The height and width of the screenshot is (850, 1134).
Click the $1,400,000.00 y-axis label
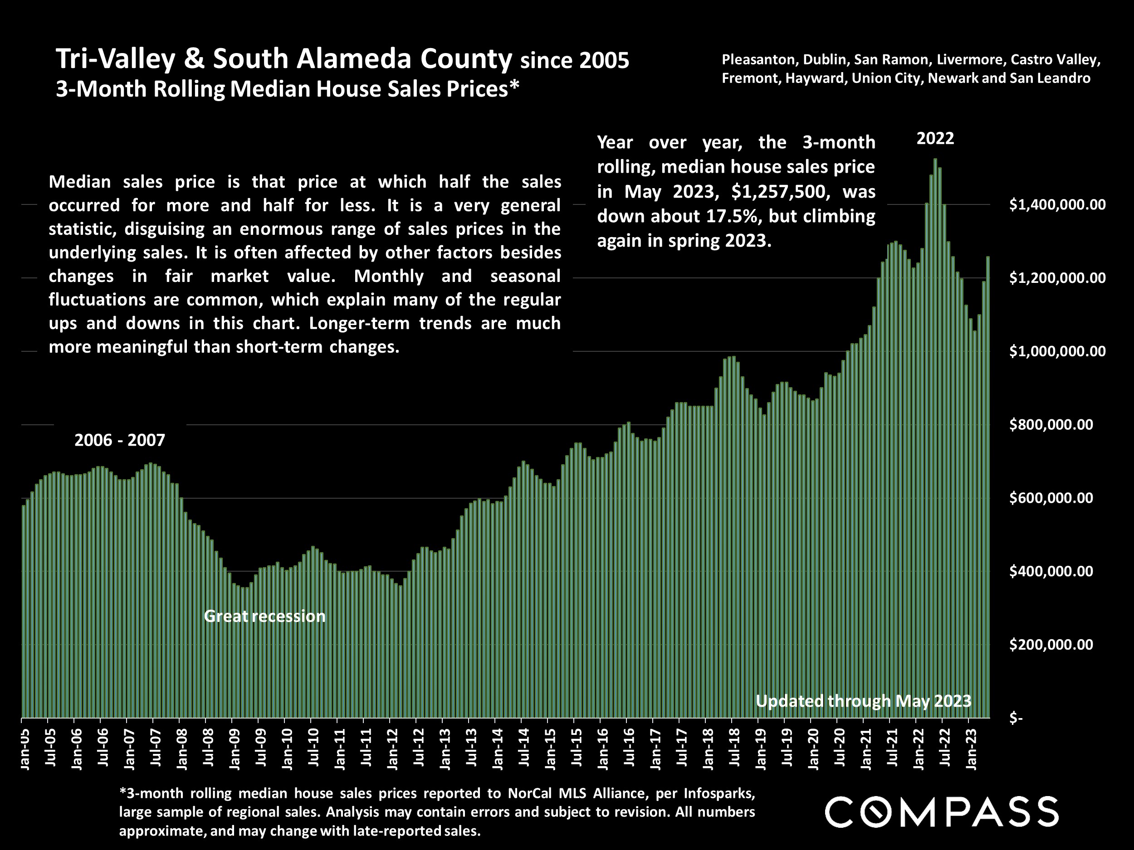coord(1057,205)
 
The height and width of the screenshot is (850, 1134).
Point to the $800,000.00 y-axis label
coord(1051,425)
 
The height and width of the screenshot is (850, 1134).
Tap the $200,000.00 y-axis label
coord(1051,645)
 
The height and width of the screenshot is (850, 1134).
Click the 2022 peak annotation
coord(935,138)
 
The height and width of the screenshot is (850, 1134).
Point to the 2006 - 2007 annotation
coord(120,440)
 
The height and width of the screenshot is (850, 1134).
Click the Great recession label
coord(264,616)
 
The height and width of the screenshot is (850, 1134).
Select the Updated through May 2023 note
coord(863,700)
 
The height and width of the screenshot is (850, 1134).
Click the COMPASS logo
coord(941,812)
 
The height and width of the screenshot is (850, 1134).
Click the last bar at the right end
coord(988,487)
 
